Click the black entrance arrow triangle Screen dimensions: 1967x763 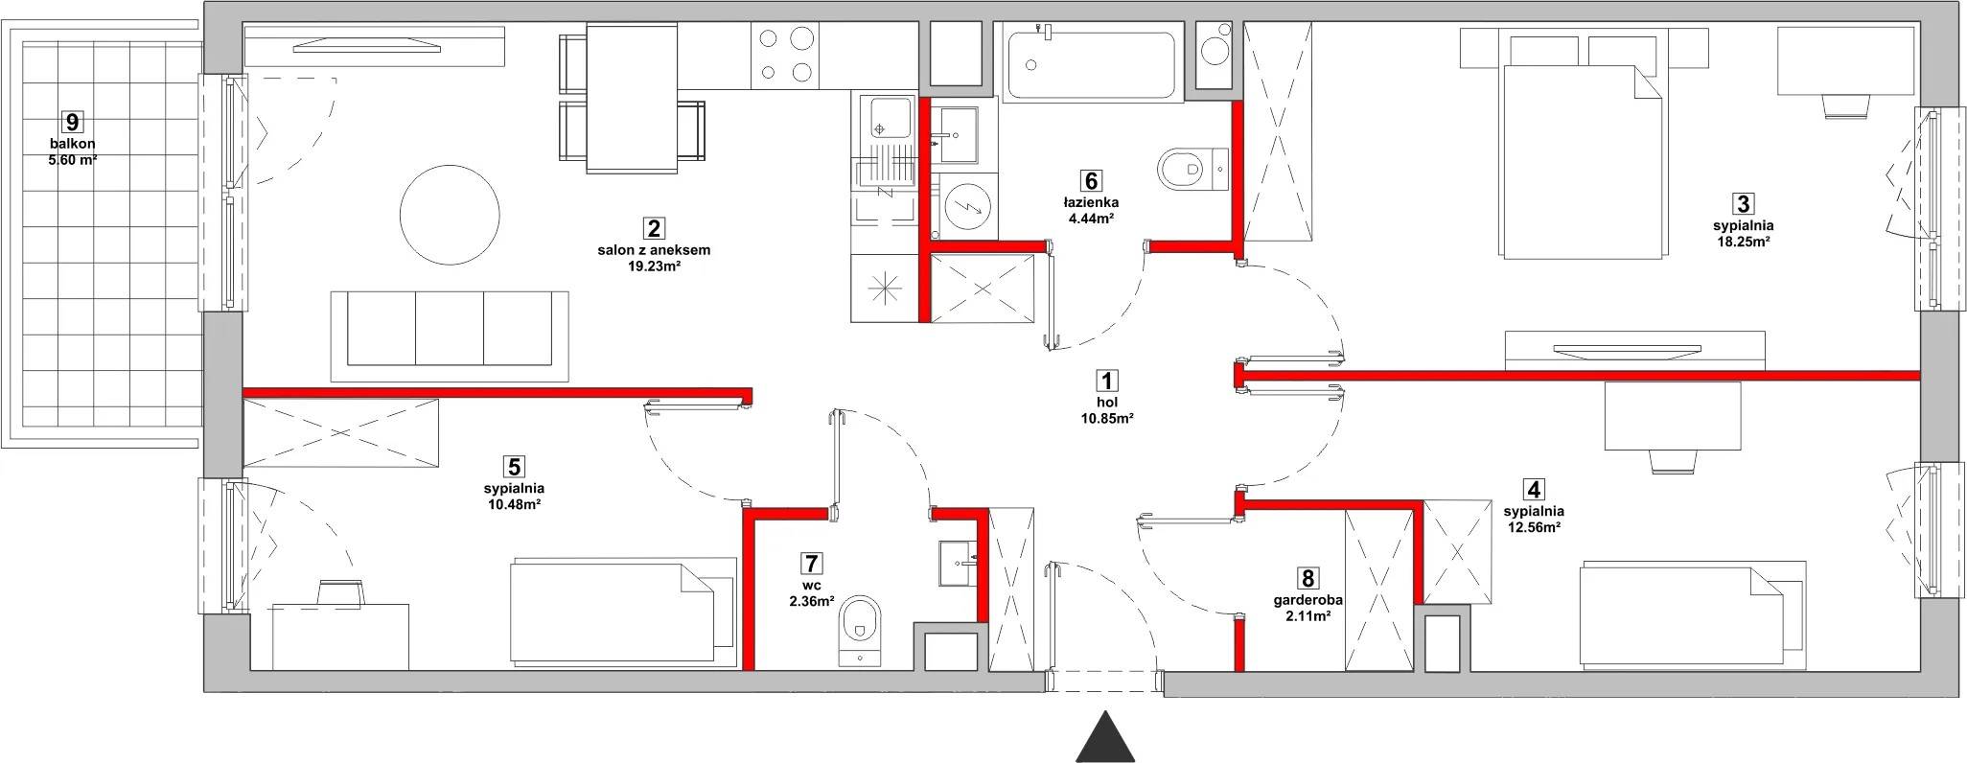[x=1106, y=738]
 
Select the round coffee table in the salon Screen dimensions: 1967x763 [x=450, y=214]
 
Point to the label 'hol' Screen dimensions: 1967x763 [x=1107, y=404]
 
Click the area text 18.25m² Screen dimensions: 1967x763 [x=1743, y=242]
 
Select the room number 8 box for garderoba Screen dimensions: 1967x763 [x=1307, y=579]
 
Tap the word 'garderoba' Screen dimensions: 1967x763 [x=1307, y=600]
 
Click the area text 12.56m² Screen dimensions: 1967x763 [x=1534, y=526]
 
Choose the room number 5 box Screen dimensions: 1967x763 [x=515, y=467]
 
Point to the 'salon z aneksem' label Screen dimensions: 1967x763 [x=653, y=250]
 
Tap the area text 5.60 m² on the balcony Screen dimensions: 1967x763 [x=73, y=160]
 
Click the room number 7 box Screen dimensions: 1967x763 [x=813, y=563]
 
